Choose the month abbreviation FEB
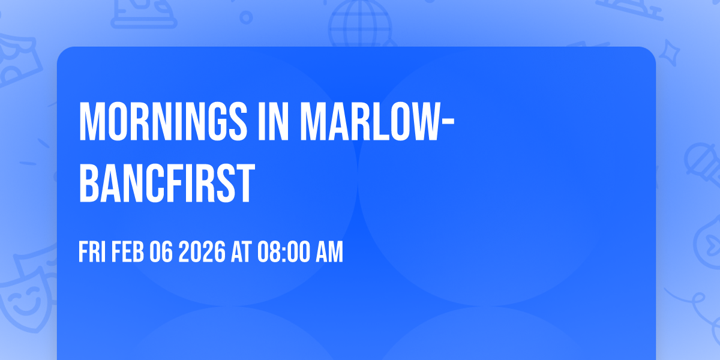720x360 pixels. click(x=128, y=253)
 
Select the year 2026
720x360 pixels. click(x=202, y=253)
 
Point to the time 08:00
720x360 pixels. click(x=283, y=253)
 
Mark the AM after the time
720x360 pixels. click(x=329, y=253)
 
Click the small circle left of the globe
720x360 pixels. click(x=247, y=18)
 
